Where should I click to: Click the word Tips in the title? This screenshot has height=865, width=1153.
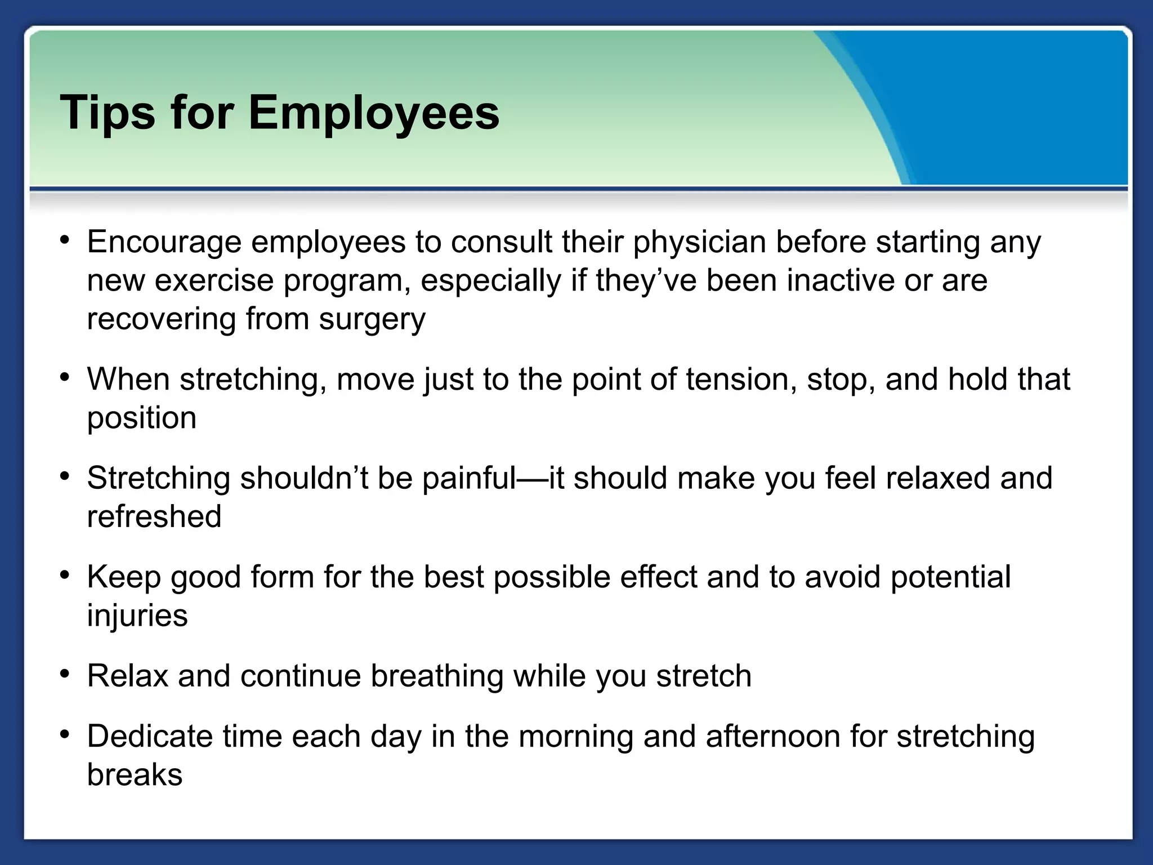pyautogui.click(x=107, y=113)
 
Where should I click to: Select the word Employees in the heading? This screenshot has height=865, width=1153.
pyautogui.click(x=373, y=113)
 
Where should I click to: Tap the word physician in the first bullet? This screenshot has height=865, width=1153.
pyautogui.click(x=699, y=243)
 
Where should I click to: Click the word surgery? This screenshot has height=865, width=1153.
pyautogui.click(x=372, y=319)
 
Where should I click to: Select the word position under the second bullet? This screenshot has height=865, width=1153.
pyautogui.click(x=142, y=418)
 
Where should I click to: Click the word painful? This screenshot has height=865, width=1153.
pyautogui.click(x=469, y=478)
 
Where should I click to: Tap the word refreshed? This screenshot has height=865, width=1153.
pyautogui.click(x=154, y=516)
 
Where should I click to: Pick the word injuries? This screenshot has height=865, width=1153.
pyautogui.click(x=137, y=615)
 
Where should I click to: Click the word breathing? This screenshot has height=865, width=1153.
pyautogui.click(x=437, y=676)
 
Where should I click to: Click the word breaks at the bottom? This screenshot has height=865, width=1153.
pyautogui.click(x=135, y=774)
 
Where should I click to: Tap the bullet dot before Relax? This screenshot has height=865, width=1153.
pyautogui.click(x=65, y=674)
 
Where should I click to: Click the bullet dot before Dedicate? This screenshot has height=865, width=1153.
pyautogui.click(x=65, y=734)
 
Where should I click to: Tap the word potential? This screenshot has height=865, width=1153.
pyautogui.click(x=950, y=577)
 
